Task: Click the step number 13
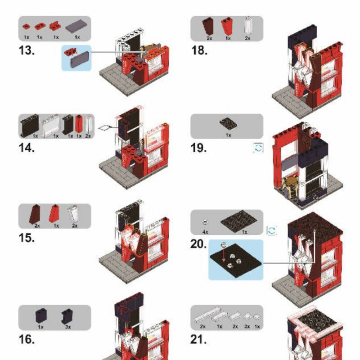[x=27, y=50]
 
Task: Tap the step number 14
[x=27, y=148]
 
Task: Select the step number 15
[x=27, y=238]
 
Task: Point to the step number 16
[x=27, y=339]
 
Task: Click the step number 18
[x=199, y=50]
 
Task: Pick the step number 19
[x=199, y=148]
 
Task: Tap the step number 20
[x=198, y=244]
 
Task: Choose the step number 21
[x=198, y=339]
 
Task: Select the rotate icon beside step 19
[x=258, y=148]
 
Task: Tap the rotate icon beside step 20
[x=272, y=230]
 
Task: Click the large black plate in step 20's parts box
[x=239, y=221]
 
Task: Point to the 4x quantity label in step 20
[x=205, y=232]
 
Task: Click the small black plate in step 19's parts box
[x=228, y=124]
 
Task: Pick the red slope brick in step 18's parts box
[x=227, y=27]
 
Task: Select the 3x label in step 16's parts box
[x=68, y=327]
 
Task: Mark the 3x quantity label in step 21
[x=247, y=326]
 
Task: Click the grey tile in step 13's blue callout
[x=80, y=59]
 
